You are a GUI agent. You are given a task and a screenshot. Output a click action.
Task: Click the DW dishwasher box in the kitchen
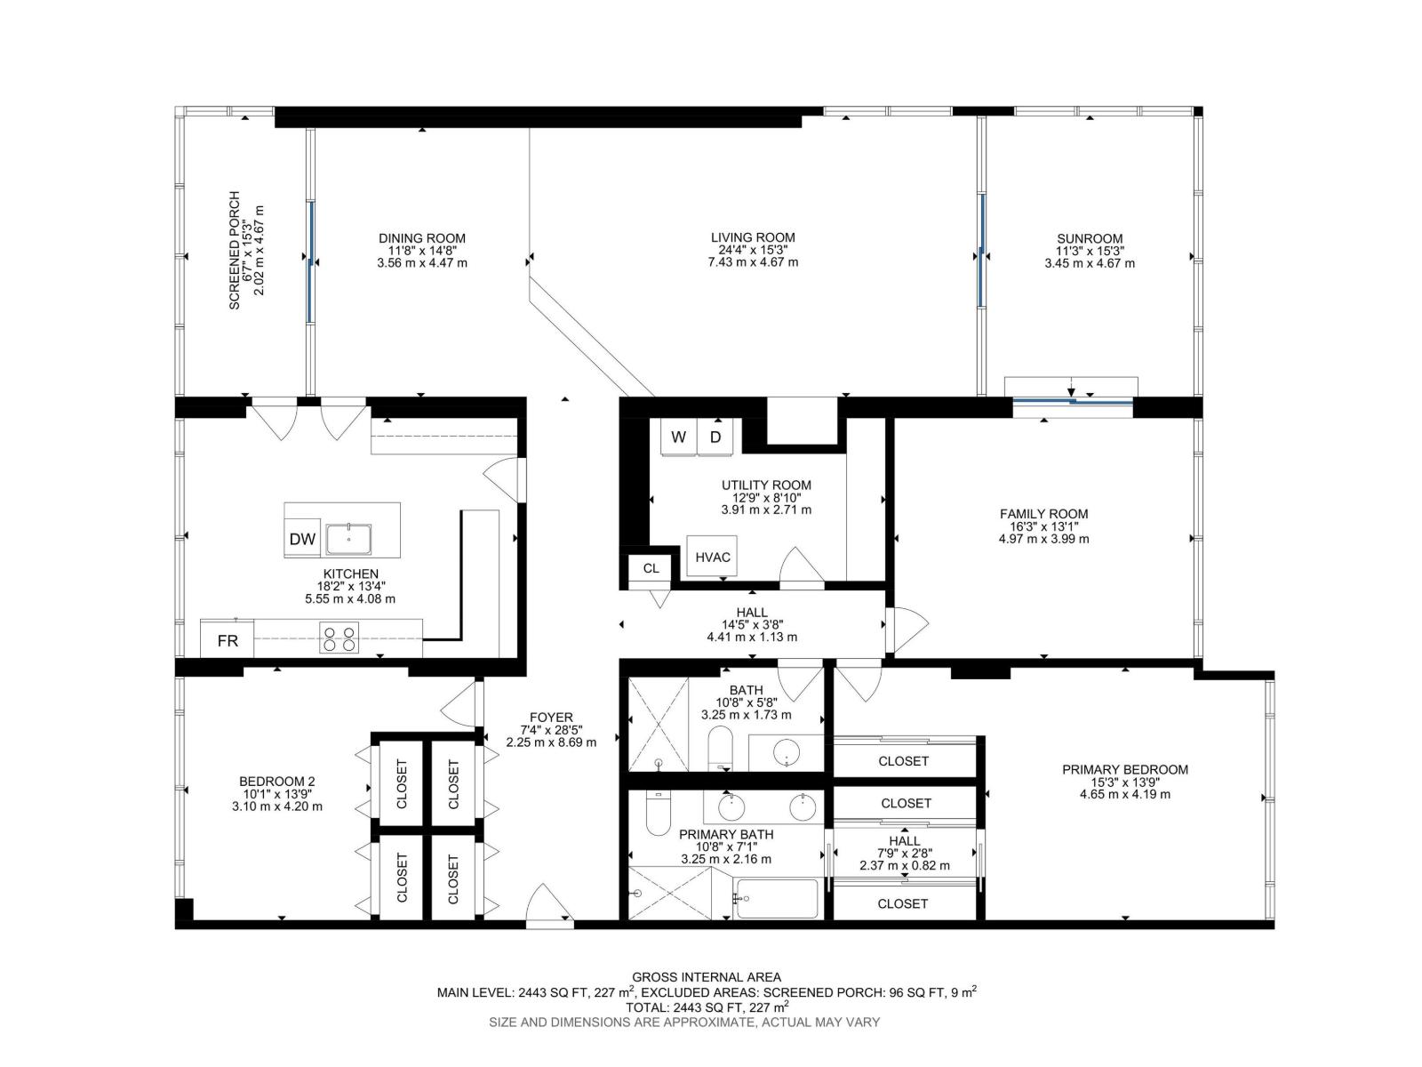301,538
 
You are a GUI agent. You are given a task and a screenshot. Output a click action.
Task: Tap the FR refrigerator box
227,640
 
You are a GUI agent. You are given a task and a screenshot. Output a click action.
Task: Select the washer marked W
677,437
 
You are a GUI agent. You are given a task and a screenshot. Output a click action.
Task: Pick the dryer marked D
715,437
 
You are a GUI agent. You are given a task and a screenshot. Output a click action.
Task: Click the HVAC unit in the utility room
712,557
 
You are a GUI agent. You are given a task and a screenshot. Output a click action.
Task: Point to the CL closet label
651,568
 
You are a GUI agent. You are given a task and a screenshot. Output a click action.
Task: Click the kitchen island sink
348,540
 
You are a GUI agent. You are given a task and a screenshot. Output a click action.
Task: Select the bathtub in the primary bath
777,898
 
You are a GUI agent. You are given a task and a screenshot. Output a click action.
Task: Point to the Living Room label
753,237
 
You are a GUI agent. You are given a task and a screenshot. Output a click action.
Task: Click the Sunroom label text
1090,238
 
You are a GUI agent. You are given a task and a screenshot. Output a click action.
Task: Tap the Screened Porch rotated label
235,250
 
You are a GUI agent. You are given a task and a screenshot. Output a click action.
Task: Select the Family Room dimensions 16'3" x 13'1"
1043,526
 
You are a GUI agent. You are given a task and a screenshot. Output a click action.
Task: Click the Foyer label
551,718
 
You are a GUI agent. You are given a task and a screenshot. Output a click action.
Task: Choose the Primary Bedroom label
1124,770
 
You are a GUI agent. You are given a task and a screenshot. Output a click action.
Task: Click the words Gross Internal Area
707,977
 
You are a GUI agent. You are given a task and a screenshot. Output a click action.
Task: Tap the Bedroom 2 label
276,782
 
